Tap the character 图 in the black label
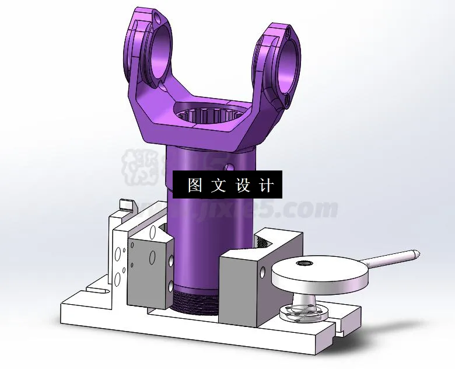(194, 186)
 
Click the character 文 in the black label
(218, 186)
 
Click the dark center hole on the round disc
(304, 264)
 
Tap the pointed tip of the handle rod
(415, 253)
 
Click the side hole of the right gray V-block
(260, 272)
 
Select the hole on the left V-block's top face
(153, 234)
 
